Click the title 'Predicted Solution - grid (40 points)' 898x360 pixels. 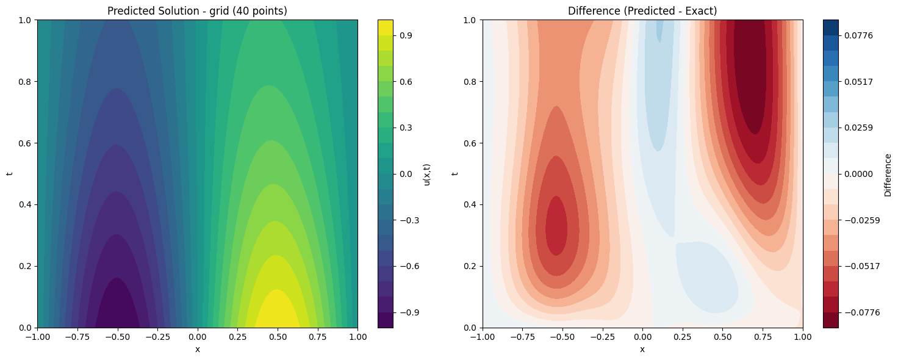pos(197,11)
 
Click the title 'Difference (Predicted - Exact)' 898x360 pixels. pos(642,11)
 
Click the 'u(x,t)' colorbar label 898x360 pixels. pos(426,174)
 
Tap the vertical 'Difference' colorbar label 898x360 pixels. pos(888,174)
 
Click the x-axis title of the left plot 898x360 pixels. pos(197,349)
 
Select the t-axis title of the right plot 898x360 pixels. pos(455,174)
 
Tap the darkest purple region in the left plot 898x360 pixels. pos(118,308)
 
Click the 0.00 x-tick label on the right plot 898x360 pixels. pos(642,336)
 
